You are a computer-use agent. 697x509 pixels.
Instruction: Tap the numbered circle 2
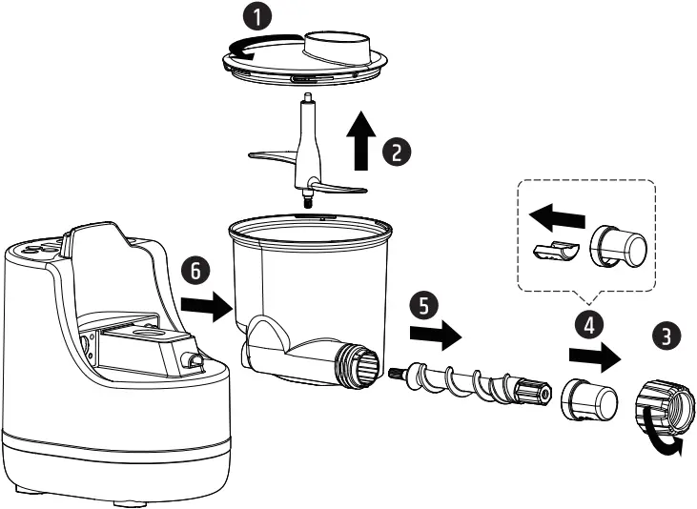tap(395, 150)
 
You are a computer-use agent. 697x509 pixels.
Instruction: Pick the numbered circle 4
tap(590, 323)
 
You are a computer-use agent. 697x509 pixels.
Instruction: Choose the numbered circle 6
tap(196, 271)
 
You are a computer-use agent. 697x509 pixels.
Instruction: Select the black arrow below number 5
tap(435, 336)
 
